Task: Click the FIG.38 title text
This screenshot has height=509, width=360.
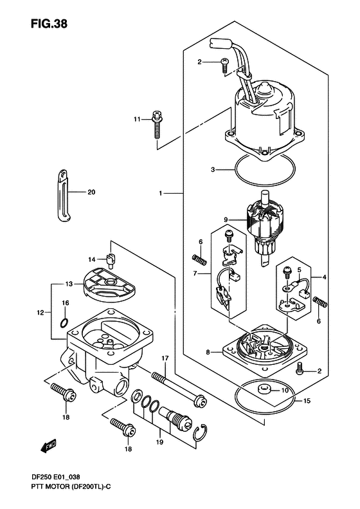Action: (x=49, y=23)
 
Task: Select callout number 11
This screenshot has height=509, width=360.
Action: (x=137, y=120)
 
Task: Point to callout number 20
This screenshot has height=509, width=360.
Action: (x=91, y=192)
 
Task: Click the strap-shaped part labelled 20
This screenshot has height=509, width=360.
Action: (x=64, y=196)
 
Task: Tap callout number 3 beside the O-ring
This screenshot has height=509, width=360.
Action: (x=213, y=169)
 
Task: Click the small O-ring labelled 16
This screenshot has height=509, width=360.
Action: (x=64, y=322)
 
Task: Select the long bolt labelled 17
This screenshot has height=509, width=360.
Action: (x=178, y=389)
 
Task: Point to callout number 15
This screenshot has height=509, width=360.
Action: (x=307, y=401)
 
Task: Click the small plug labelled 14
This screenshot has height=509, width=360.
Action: (x=111, y=261)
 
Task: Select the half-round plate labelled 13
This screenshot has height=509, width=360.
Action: (x=109, y=282)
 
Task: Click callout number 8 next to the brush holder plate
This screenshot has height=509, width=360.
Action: (x=208, y=351)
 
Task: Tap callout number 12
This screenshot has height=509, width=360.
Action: (x=40, y=313)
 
